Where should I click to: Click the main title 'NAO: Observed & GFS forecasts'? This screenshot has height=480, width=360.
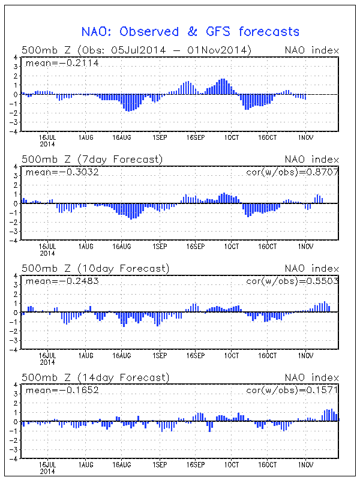click(x=190, y=32)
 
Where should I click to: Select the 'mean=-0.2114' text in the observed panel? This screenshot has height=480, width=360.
click(x=62, y=63)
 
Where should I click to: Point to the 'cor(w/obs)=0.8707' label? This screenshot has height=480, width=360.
click(x=292, y=172)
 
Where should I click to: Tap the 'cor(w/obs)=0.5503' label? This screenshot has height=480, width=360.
click(x=292, y=281)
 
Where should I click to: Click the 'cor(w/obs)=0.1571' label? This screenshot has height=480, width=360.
click(x=292, y=390)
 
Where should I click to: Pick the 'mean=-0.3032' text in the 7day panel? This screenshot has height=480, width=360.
click(x=62, y=172)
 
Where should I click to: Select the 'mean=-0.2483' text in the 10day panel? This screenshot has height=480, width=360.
click(x=62, y=281)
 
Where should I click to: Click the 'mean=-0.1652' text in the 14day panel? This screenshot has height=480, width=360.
click(x=62, y=390)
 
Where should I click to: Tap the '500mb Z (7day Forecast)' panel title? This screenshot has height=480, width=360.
click(x=92, y=160)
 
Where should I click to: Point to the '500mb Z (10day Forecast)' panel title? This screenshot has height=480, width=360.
click(x=95, y=268)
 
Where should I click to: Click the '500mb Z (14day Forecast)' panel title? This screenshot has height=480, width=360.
click(x=95, y=377)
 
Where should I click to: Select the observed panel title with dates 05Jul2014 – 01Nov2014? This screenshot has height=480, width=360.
click(x=137, y=50)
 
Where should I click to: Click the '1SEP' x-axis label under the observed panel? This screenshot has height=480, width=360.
click(x=160, y=138)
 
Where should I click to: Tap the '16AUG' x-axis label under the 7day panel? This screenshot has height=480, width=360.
click(x=122, y=247)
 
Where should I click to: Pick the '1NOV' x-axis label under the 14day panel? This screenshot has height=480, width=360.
click(x=306, y=464)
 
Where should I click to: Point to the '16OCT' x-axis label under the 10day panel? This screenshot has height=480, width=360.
click(x=267, y=356)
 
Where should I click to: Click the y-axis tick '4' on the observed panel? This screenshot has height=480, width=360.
click(x=16, y=57)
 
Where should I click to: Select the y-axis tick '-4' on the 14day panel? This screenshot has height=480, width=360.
click(x=14, y=458)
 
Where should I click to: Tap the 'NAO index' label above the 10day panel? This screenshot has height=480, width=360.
click(x=311, y=268)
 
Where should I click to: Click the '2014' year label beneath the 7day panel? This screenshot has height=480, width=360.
click(x=47, y=253)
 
